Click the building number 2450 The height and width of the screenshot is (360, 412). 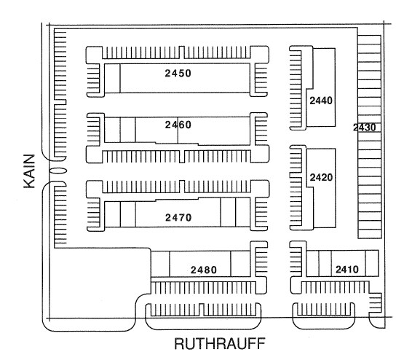[x=178, y=74]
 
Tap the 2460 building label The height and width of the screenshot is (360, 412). [x=178, y=125]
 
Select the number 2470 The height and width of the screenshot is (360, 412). [x=178, y=217]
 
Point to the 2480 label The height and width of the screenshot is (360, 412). [x=204, y=270]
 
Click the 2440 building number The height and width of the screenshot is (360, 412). [x=321, y=101]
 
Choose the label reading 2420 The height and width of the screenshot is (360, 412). [x=321, y=177]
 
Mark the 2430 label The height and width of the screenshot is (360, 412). [x=364, y=128]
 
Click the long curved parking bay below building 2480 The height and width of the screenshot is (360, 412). [x=205, y=313]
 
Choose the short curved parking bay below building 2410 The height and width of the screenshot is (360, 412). [x=324, y=313]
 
